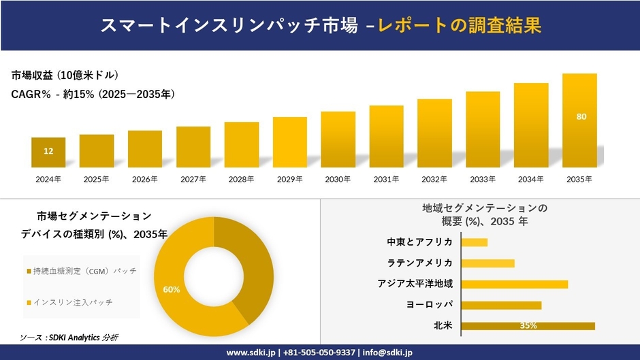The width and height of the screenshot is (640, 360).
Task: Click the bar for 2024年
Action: pyautogui.click(x=48, y=152)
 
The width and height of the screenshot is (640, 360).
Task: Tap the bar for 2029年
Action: pyautogui.click(x=290, y=142)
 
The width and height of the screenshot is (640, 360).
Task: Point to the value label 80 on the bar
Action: pyautogui.click(x=581, y=116)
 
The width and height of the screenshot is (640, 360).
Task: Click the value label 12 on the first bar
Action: pyautogui.click(x=48, y=151)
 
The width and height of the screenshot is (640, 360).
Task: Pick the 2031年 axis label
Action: pyautogui.click(x=386, y=179)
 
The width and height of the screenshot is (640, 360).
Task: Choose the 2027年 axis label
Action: pyautogui.click(x=193, y=179)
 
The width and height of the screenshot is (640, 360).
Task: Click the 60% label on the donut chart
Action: pyautogui.click(x=172, y=289)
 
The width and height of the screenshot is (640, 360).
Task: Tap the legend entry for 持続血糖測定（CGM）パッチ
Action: pyautogui.click(x=82, y=271)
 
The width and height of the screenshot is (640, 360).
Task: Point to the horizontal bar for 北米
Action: pyautogui.click(x=528, y=326)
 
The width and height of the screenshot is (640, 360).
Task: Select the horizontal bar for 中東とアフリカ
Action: pyautogui.click(x=474, y=242)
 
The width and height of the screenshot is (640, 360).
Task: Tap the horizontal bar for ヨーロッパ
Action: pyautogui.click(x=501, y=305)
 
